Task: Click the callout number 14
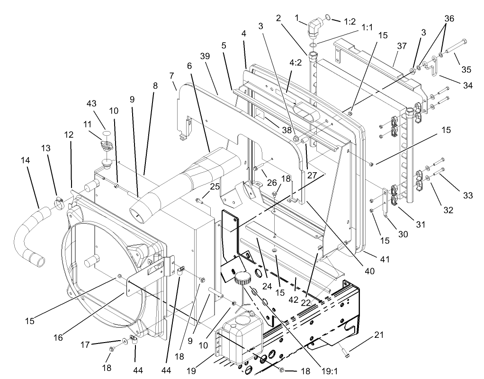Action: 26,161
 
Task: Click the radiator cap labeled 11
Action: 105,146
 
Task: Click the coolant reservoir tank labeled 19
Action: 241,340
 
